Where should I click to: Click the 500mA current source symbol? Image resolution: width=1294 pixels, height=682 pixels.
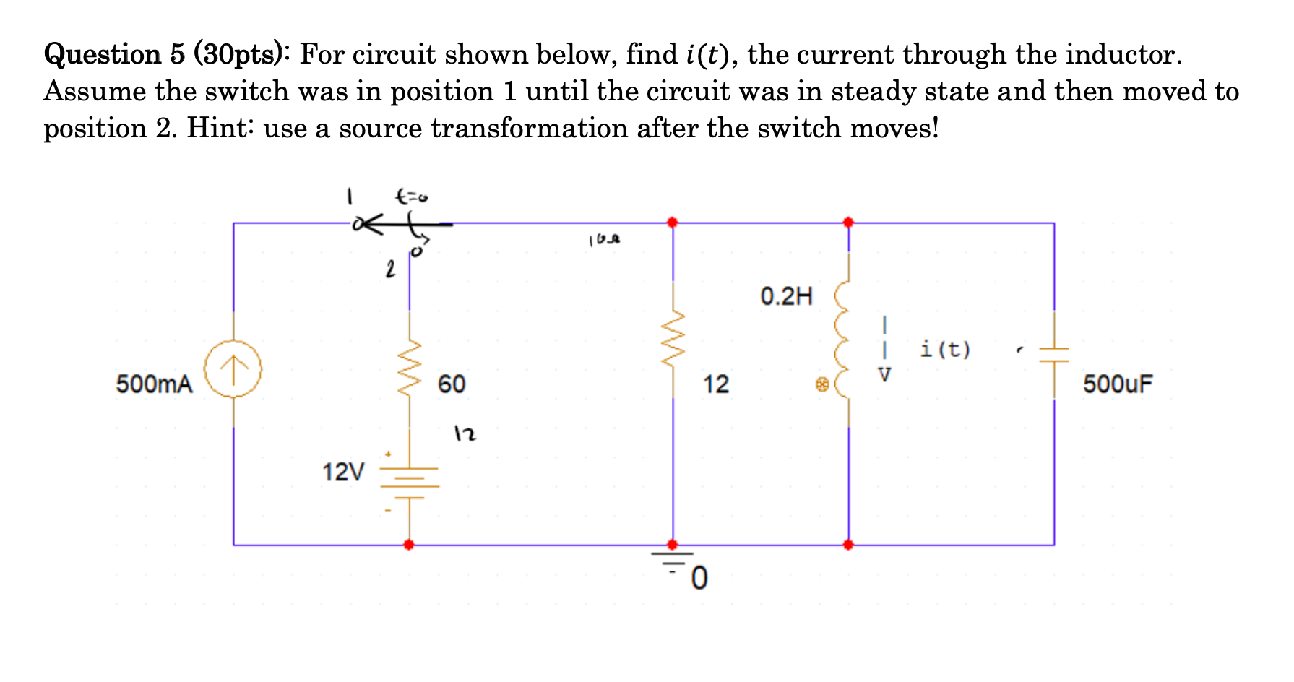point(233,368)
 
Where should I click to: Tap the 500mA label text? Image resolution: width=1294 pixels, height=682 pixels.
point(155,384)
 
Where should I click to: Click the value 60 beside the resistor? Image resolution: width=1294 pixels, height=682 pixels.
point(452,384)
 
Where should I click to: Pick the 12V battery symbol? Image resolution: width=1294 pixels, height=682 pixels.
point(410,477)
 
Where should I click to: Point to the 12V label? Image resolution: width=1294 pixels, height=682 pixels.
point(343,472)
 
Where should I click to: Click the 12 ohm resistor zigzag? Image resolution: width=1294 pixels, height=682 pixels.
point(673,340)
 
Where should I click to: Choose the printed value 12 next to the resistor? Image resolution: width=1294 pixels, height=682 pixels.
point(716,384)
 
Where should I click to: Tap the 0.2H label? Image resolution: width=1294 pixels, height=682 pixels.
point(786,296)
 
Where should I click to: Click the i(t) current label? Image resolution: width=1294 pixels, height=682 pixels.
point(946,350)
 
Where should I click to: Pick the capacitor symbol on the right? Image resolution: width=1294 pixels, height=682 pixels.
point(1053,354)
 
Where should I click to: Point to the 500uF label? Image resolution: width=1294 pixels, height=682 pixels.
point(1117,384)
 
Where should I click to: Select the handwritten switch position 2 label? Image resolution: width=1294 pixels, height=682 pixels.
point(390,270)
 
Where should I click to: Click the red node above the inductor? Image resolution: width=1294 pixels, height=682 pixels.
point(848,223)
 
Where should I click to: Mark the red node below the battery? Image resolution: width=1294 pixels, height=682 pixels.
point(409,545)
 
